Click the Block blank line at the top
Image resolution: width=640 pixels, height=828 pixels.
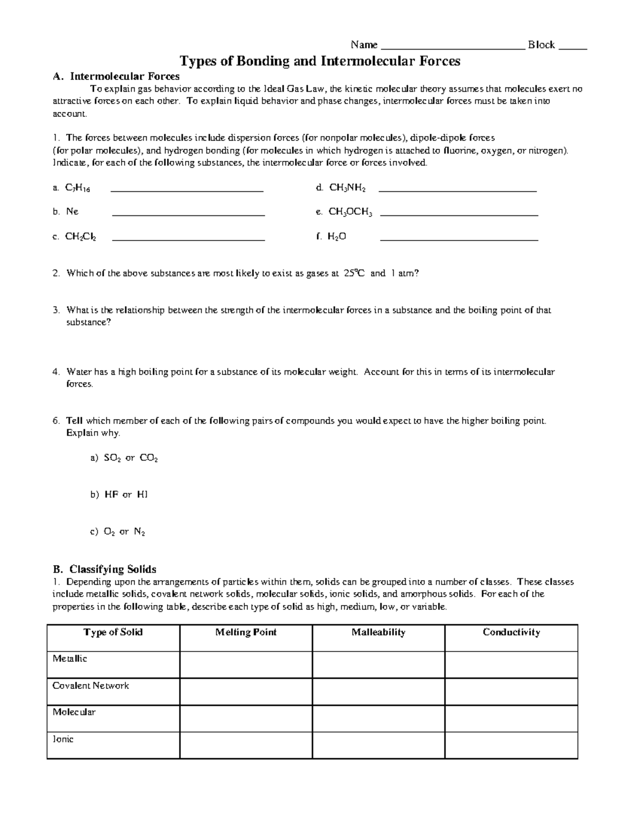(x=572, y=47)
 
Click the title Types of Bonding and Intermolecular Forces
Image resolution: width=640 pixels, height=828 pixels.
(x=319, y=61)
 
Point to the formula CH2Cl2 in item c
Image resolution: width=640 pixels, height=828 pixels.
(x=81, y=237)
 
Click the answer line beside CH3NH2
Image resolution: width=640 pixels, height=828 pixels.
(x=461, y=190)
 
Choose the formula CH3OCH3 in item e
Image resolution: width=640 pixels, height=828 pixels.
(x=350, y=212)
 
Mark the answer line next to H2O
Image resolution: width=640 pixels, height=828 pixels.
(x=459, y=240)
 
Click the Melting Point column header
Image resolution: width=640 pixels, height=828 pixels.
(x=246, y=632)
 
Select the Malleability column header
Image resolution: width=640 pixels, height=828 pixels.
(x=378, y=632)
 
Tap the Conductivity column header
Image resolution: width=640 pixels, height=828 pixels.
(x=511, y=632)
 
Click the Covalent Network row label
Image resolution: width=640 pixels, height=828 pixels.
(x=91, y=686)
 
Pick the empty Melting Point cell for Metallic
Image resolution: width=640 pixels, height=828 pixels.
(x=246, y=664)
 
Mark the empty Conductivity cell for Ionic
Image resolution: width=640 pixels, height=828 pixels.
(x=511, y=745)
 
